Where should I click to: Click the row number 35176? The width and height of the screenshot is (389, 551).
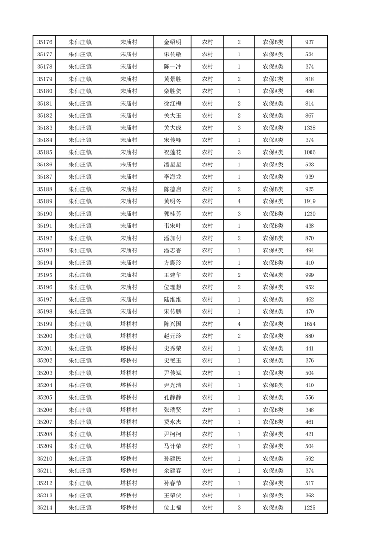tap(45, 42)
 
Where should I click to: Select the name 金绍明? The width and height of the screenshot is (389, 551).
tap(172, 42)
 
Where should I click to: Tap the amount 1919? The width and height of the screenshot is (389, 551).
tap(310, 201)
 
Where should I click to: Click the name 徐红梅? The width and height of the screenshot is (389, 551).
tap(172, 104)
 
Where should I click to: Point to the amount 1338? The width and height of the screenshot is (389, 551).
tap(310, 128)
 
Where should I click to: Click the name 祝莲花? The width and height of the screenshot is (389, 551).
tap(172, 152)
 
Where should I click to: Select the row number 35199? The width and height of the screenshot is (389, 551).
tap(45, 324)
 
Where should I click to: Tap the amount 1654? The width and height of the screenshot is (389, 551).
tap(310, 324)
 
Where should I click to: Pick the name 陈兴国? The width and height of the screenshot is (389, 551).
tap(172, 324)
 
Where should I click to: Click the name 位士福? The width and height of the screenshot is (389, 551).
tap(172, 507)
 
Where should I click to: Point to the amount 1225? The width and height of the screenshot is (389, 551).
tap(310, 507)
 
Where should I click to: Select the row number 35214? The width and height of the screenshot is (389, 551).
tap(45, 507)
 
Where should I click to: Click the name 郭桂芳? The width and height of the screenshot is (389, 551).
tap(172, 214)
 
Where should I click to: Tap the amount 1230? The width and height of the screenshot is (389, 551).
tap(310, 214)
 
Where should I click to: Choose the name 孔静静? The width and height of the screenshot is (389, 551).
tap(172, 397)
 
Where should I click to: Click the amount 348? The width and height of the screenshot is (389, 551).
tap(310, 410)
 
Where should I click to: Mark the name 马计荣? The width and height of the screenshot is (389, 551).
tap(172, 446)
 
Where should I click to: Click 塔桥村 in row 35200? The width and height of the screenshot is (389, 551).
tap(129, 336)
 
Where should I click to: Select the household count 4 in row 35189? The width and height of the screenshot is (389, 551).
tap(239, 201)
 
